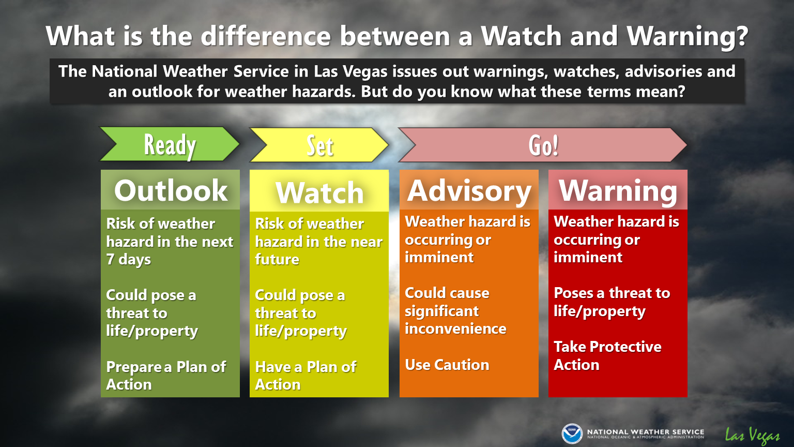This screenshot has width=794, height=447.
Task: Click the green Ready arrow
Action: [x=170, y=144]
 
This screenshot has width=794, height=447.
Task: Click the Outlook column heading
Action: [x=171, y=190]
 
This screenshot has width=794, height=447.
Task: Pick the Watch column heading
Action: [x=320, y=192]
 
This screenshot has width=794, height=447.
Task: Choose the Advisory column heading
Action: [x=469, y=191]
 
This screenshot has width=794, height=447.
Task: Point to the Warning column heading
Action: [x=618, y=191]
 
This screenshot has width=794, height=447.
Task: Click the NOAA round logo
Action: [x=572, y=434]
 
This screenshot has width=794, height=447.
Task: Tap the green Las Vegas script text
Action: [x=752, y=435]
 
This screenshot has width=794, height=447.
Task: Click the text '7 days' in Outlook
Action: [x=128, y=259]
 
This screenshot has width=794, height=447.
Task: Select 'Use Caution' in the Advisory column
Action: [x=447, y=365]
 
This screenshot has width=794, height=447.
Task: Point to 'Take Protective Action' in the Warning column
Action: [x=607, y=355]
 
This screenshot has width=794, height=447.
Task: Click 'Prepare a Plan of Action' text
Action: [x=166, y=376]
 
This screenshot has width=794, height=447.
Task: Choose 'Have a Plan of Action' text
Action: [x=306, y=376]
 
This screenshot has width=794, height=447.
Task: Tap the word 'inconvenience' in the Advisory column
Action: [x=455, y=329]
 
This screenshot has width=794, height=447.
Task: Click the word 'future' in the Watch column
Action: [x=277, y=259]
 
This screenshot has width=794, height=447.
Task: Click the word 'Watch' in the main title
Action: [x=521, y=36]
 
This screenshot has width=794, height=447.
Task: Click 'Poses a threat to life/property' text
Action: [x=612, y=302]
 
